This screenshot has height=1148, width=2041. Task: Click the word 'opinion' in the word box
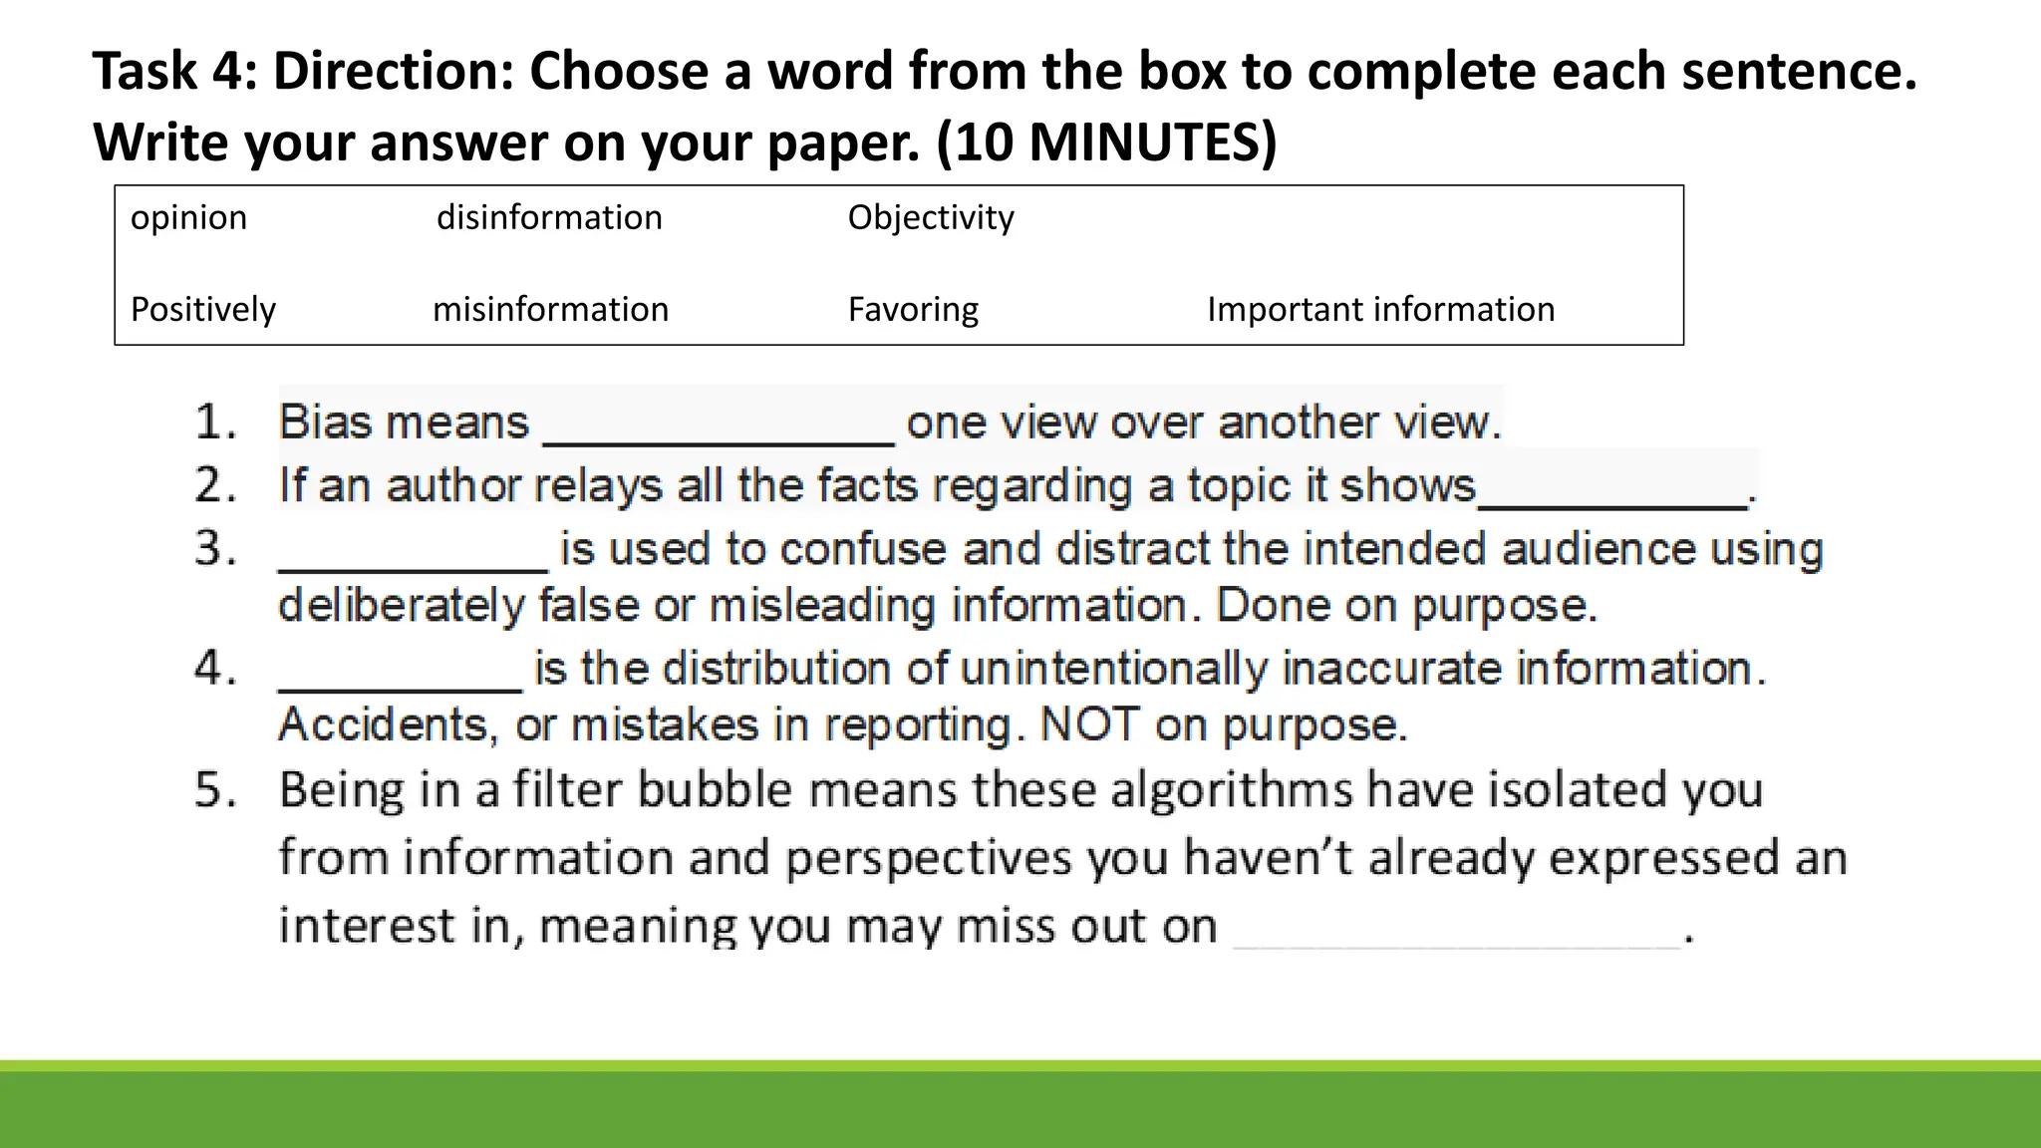point(188,218)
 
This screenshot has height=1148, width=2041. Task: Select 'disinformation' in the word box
point(549,218)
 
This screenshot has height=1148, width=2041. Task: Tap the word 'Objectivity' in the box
point(931,218)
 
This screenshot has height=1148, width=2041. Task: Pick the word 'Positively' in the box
point(202,310)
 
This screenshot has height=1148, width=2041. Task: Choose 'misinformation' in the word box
point(550,310)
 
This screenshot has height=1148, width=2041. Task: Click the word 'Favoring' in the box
point(913,310)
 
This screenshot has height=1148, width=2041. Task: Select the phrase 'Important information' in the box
point(1380,310)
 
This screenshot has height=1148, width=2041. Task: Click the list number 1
point(215,423)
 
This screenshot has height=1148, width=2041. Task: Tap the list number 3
point(215,549)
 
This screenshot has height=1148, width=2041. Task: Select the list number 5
point(215,790)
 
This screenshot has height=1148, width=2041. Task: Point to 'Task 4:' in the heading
point(174,72)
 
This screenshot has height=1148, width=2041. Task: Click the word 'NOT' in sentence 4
point(1089,724)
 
